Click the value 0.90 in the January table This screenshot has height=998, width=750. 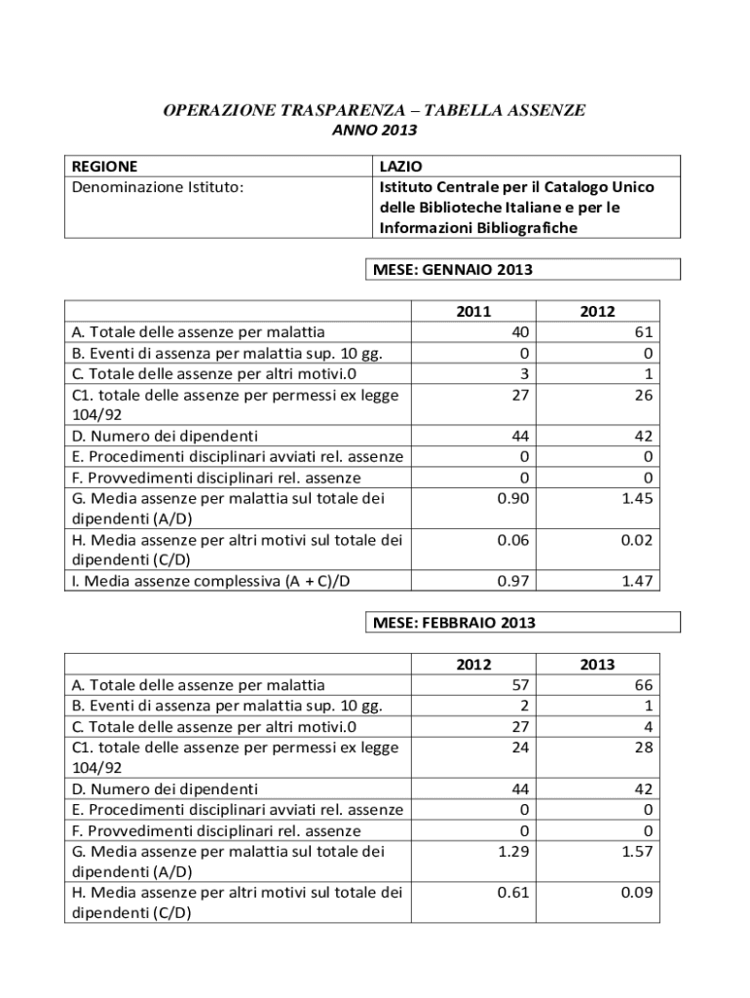(512, 499)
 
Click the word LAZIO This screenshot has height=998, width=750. (400, 166)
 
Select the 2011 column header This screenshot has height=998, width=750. (473, 311)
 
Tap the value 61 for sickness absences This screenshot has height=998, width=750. (644, 332)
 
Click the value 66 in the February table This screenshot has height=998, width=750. (644, 684)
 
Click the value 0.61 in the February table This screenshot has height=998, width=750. (512, 893)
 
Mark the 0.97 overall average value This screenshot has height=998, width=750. (512, 581)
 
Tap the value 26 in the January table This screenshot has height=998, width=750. (644, 395)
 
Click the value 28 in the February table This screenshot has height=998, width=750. (644, 747)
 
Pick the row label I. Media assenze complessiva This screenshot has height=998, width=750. (205, 582)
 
